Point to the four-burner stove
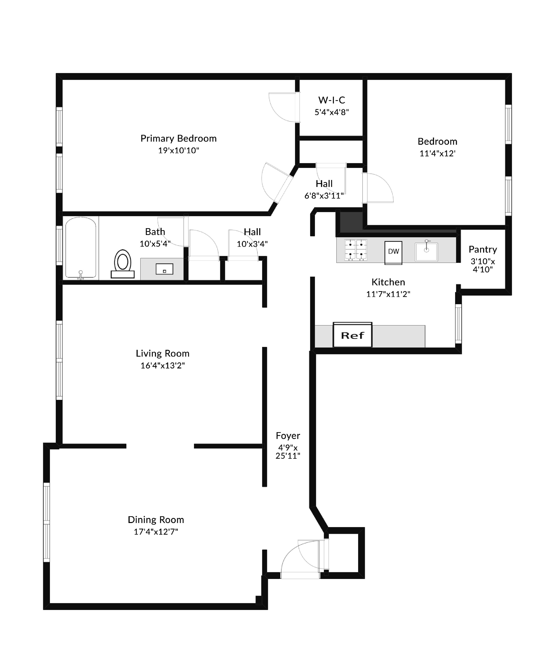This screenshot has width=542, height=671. click(x=356, y=250)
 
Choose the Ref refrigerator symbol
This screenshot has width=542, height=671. click(x=352, y=335)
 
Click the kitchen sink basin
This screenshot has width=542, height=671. click(x=426, y=252)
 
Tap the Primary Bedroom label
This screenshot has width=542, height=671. click(x=178, y=138)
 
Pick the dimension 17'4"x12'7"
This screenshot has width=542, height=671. click(x=156, y=532)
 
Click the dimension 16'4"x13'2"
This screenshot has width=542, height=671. click(x=162, y=366)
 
